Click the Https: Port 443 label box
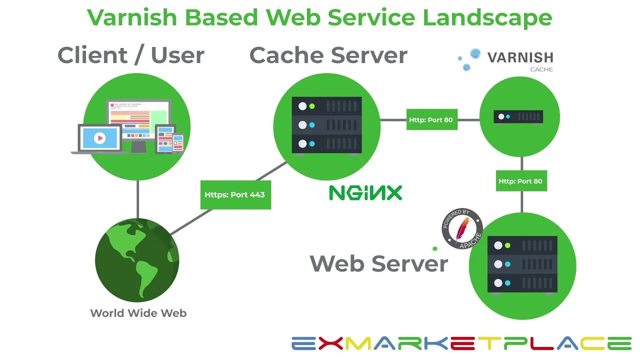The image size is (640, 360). coord(235,194)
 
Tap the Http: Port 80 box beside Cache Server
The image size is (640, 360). coord(431,120)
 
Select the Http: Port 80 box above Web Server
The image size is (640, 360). coord(521,181)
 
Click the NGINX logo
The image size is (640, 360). coord(365,192)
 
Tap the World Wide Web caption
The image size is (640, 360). coord(138,313)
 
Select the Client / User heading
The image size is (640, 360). coord(131,55)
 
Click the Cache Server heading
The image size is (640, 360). coord(328,55)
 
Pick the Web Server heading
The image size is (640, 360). coord(378,263)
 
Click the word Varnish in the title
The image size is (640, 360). coord(132,17)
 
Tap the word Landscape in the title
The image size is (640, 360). coord(487,17)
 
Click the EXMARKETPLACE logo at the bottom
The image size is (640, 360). coord(461,343)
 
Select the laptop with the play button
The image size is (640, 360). coord(99,138)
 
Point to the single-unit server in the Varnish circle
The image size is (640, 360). coord(518,117)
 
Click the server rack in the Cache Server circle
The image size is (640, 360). coord(326,125)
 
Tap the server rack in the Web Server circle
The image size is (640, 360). coord(522,264)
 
